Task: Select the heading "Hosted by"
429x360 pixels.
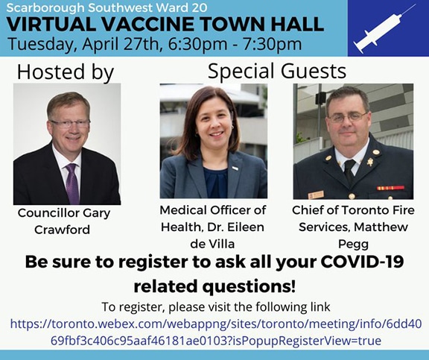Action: coord(66,72)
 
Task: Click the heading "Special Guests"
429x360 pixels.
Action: coord(277,71)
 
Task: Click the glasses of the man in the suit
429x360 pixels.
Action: coord(70,124)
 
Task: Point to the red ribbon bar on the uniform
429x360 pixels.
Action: coord(390,188)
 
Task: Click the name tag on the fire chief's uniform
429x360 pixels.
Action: coord(316,195)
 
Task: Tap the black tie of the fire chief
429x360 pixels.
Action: coord(349,171)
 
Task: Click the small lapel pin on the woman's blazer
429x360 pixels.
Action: coord(235,168)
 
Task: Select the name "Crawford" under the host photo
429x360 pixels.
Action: coord(62,230)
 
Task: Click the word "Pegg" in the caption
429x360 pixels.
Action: coord(353,244)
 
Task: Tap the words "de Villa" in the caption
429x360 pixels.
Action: coord(212,244)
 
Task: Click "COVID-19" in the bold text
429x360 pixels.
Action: coord(362,262)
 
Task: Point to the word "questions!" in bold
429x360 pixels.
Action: coord(249,287)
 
